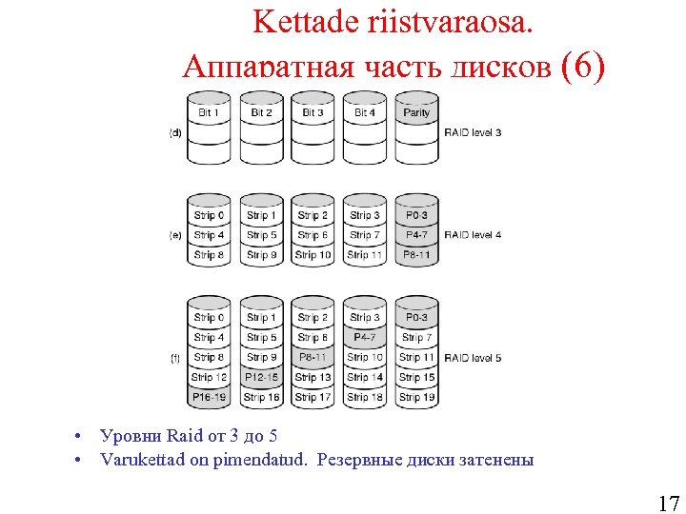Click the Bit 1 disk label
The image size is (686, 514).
(209, 112)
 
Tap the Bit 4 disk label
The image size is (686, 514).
(365, 112)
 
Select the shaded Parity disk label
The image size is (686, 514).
(416, 112)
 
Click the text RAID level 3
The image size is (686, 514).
(473, 132)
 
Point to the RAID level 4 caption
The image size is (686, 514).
(473, 235)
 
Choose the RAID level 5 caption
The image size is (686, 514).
(473, 358)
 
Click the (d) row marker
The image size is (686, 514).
(175, 132)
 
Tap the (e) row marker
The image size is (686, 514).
(175, 235)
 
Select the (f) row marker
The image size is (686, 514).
(175, 358)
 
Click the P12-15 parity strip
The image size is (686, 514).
(261, 378)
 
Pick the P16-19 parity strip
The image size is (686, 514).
(209, 397)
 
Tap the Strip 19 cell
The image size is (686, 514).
(416, 397)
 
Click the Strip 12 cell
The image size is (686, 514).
(209, 378)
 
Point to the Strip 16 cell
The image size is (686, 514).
(261, 397)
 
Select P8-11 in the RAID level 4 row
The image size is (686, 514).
(416, 255)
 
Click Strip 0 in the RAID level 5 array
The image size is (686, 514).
(209, 318)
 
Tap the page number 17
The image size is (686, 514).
(668, 504)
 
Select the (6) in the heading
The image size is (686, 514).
(583, 69)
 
